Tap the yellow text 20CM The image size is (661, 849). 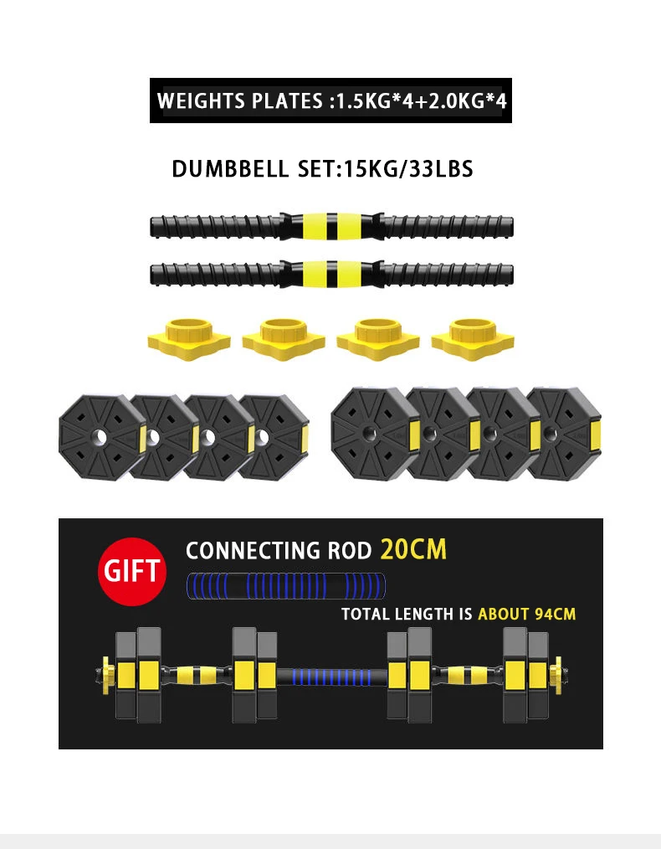tap(413, 549)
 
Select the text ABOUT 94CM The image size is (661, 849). tap(527, 614)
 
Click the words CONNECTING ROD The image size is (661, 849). tap(278, 551)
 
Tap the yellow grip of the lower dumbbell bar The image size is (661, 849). tap(332, 273)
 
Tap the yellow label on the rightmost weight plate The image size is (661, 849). tap(596, 433)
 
